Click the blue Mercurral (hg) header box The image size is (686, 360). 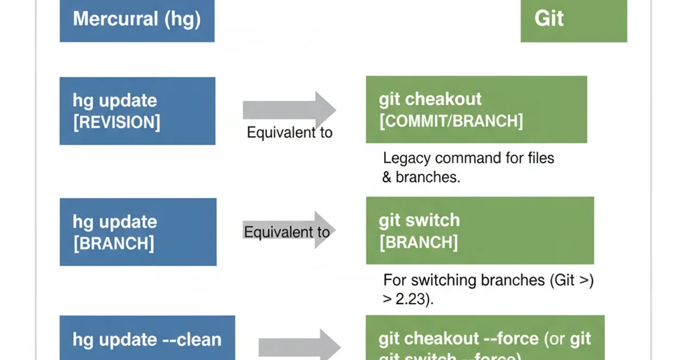pos(137,21)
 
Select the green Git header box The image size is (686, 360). pos(573,21)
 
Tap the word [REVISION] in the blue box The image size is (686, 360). pos(117,122)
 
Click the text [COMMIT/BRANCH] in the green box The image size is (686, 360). pos(450,121)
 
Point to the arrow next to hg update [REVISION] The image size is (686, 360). pos(289,110)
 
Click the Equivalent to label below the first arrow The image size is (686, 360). pos(289,133)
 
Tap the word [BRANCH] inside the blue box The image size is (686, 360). pos(113,243)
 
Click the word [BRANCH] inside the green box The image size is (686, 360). pos(418,242)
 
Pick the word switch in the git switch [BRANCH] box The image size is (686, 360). pos(434,220)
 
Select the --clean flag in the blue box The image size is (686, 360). pos(191,339)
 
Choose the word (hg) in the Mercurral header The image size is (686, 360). pos(183,19)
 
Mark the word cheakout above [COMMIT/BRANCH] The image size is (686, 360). pos(452,99)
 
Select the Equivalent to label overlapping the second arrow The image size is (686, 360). pos(286,233)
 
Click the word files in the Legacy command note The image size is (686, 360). pos(537,158)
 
